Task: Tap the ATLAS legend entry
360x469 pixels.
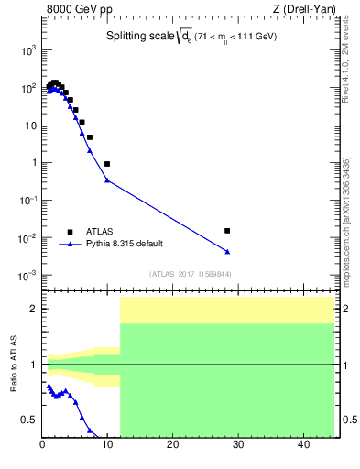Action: pyautogui.click(x=99, y=232)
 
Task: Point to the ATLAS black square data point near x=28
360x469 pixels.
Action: pyautogui.click(x=227, y=231)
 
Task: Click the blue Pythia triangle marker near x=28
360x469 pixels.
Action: pyautogui.click(x=227, y=251)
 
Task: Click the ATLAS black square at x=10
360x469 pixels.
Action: pyautogui.click(x=107, y=164)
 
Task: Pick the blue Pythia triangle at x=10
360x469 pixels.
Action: pyautogui.click(x=107, y=180)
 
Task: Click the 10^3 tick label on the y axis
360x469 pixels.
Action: pyautogui.click(x=27, y=51)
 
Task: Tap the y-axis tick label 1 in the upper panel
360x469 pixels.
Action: pyautogui.click(x=33, y=163)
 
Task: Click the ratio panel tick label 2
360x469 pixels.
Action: pyautogui.click(x=33, y=310)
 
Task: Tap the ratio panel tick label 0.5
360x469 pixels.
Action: pyautogui.click(x=28, y=420)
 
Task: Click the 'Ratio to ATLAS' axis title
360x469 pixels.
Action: pyautogui.click(x=12, y=365)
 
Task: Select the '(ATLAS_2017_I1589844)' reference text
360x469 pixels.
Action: pyautogui.click(x=190, y=274)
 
